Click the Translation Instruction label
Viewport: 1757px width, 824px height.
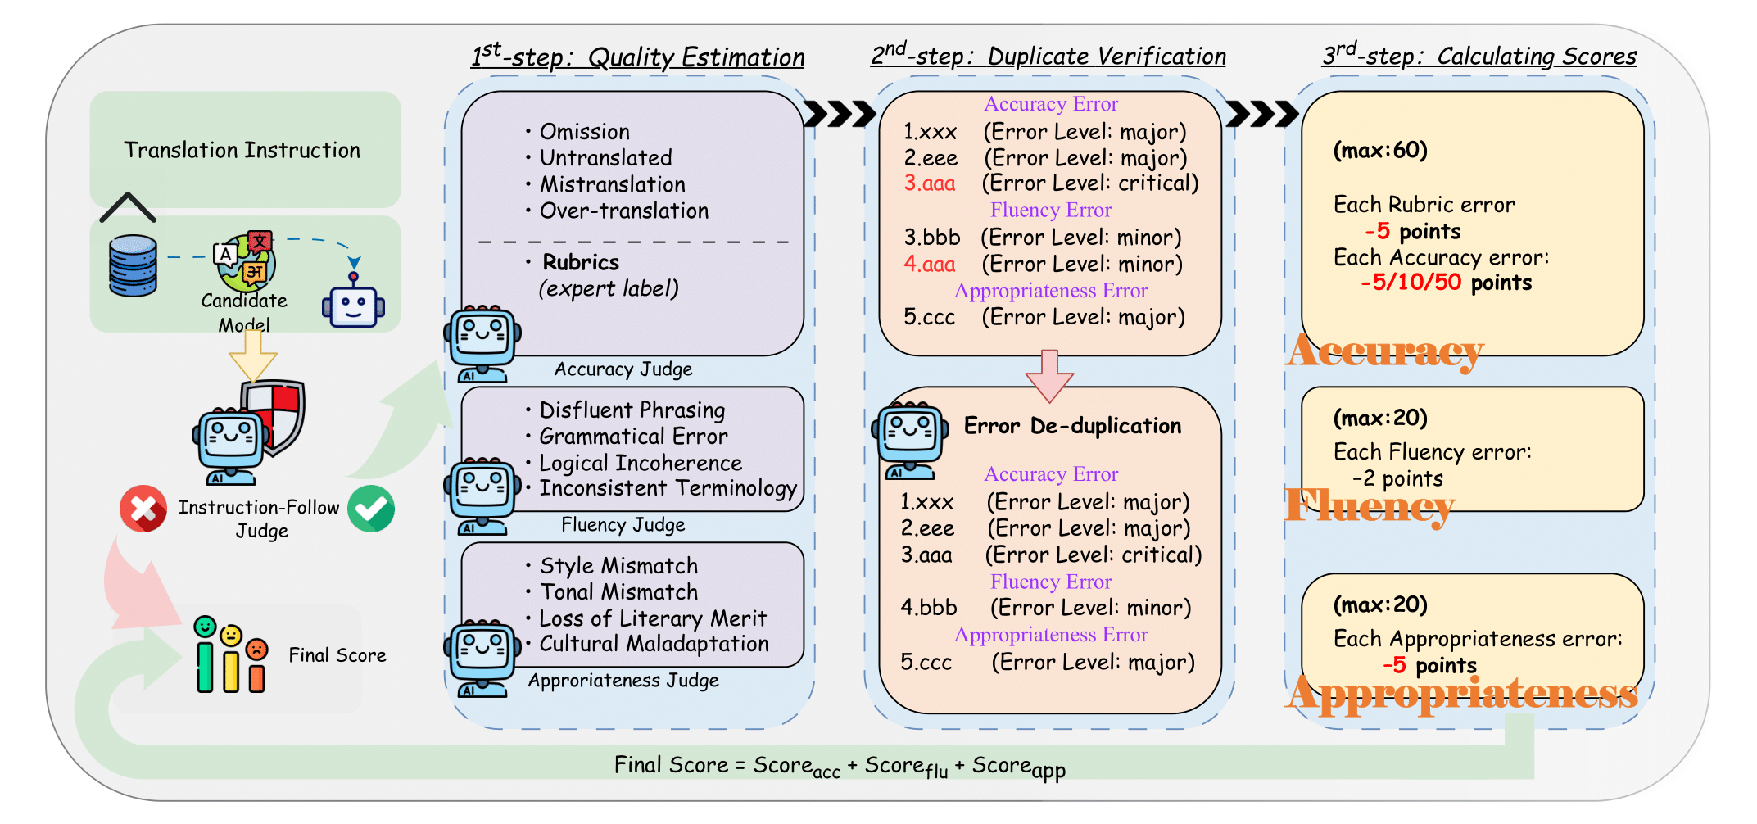click(242, 150)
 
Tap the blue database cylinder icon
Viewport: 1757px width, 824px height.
click(133, 265)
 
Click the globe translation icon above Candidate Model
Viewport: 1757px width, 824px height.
click(245, 261)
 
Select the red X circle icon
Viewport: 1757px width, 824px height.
click(143, 509)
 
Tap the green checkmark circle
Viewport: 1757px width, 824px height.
click(371, 509)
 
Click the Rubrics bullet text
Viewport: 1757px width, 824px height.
click(581, 262)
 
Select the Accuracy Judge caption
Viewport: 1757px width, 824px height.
click(623, 369)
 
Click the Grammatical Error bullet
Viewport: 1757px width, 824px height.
click(632, 437)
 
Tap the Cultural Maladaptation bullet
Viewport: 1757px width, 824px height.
click(653, 644)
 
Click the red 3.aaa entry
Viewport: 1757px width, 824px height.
click(930, 183)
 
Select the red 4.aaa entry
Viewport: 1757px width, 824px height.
click(930, 265)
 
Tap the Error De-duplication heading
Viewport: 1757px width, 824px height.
click(1072, 426)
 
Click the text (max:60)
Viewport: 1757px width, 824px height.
click(1379, 150)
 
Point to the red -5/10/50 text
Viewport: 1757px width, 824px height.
click(1411, 283)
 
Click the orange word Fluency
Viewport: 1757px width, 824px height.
click(1370, 505)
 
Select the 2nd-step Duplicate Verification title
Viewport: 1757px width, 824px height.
click(1048, 56)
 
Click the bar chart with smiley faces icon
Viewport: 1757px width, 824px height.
click(231, 654)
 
